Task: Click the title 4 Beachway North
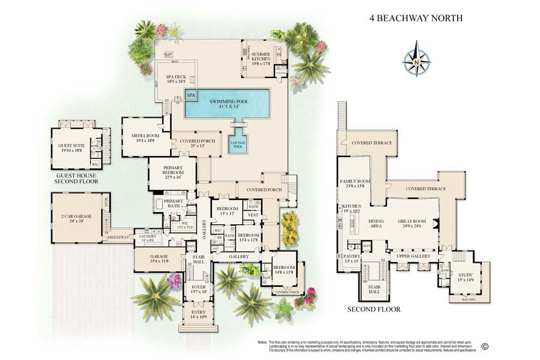pyautogui.click(x=416, y=18)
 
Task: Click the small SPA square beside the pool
pyautogui.click(x=191, y=95)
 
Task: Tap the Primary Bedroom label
pyautogui.click(x=172, y=173)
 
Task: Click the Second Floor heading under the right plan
pyautogui.click(x=374, y=309)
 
